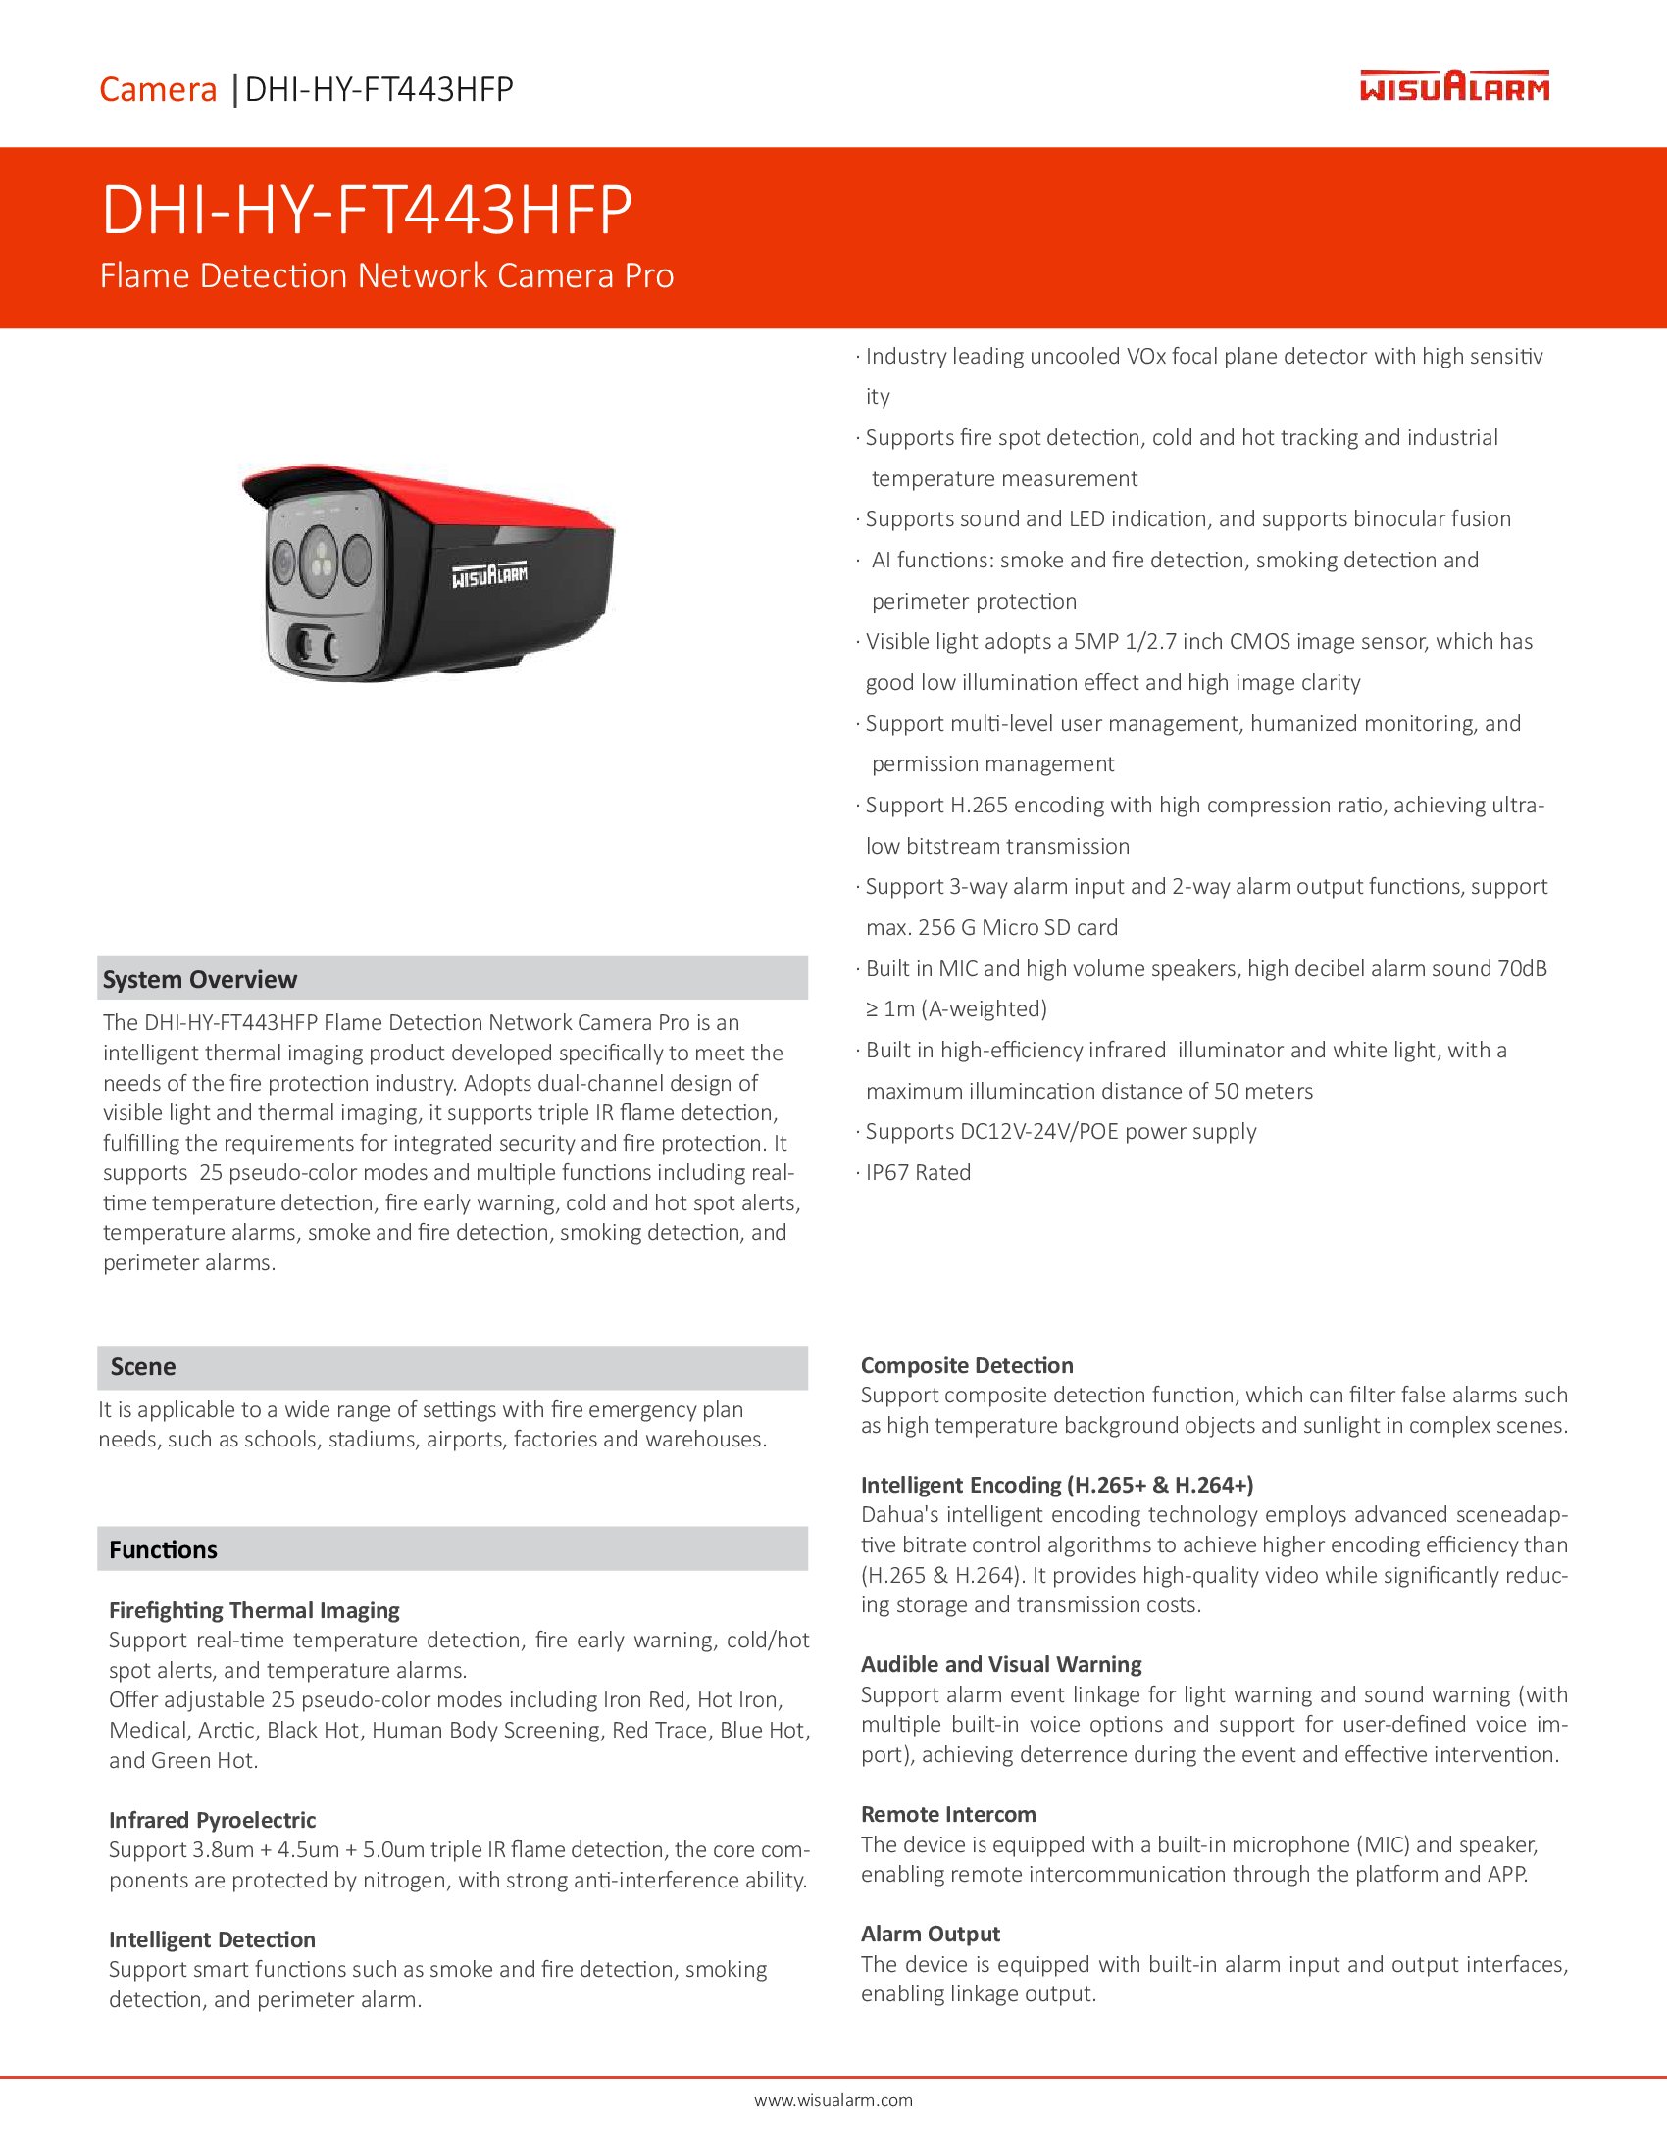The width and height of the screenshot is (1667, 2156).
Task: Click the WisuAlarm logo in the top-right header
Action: [1453, 86]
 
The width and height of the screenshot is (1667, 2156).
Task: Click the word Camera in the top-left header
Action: [158, 90]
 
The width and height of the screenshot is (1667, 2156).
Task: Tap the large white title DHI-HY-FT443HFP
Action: [367, 211]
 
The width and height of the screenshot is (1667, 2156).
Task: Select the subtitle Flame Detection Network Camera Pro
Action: [386, 275]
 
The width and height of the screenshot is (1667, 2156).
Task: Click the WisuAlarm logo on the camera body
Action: [490, 576]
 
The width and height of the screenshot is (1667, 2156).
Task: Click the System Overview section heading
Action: [199, 979]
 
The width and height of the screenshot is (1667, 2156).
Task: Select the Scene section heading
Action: [143, 1367]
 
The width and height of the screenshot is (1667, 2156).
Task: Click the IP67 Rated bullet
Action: [918, 1173]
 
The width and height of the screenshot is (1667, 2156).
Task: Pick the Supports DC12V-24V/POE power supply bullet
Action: [1060, 1131]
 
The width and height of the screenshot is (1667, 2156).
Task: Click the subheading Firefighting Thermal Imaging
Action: [254, 1610]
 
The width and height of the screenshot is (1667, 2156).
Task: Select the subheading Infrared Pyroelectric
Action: [213, 1821]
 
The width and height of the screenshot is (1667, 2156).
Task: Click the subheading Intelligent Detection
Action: [213, 1939]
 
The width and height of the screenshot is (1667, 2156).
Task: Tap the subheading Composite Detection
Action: [967, 1365]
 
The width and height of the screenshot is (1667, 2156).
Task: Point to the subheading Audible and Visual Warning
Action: [1000, 1664]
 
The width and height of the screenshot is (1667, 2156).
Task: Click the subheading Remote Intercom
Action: [948, 1814]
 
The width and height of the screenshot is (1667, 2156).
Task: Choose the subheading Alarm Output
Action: [931, 1934]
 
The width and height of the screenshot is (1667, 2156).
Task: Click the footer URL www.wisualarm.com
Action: [833, 2101]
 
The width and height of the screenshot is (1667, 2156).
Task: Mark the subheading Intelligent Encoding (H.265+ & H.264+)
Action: [1057, 1485]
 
